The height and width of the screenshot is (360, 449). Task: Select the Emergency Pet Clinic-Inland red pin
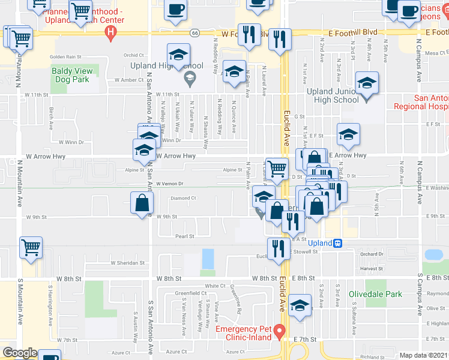[279, 331]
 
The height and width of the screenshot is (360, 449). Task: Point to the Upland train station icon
[338, 243]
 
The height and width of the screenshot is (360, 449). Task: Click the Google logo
[20, 353]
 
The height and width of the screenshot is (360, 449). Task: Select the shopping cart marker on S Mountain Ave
[31, 247]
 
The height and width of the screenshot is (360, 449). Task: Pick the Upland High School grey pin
[190, 76]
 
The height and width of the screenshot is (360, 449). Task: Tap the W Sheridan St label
[128, 263]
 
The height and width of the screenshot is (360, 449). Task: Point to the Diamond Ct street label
[183, 197]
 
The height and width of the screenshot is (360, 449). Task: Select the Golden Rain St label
[65, 57]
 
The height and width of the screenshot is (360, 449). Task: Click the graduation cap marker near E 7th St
[300, 305]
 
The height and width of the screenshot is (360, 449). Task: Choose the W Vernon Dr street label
[169, 184]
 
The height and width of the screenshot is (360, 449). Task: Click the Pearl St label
[184, 236]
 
